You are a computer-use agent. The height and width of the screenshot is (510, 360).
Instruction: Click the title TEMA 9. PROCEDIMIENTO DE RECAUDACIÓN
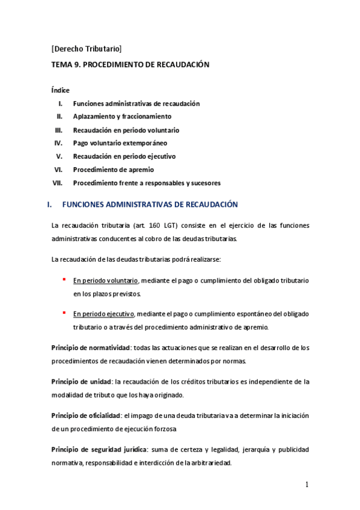pos(130,64)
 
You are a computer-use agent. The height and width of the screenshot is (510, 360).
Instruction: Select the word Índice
pos(61,90)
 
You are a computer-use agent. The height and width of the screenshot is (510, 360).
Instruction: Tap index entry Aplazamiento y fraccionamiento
pos(122,117)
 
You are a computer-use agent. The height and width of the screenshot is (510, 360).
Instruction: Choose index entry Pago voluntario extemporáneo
pos(120,143)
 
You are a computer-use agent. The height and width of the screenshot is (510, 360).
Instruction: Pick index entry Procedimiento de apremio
pos(113,170)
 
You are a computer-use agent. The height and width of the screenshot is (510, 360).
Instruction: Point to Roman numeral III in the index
pos(59,130)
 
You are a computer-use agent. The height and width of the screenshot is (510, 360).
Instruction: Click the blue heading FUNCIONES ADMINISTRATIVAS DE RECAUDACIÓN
pos(150,205)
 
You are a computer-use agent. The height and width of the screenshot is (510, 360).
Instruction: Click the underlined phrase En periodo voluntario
pos(106,281)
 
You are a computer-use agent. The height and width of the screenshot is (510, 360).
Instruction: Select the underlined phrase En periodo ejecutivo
pos(104,313)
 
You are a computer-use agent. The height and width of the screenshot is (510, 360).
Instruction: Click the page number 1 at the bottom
pos(306,485)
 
